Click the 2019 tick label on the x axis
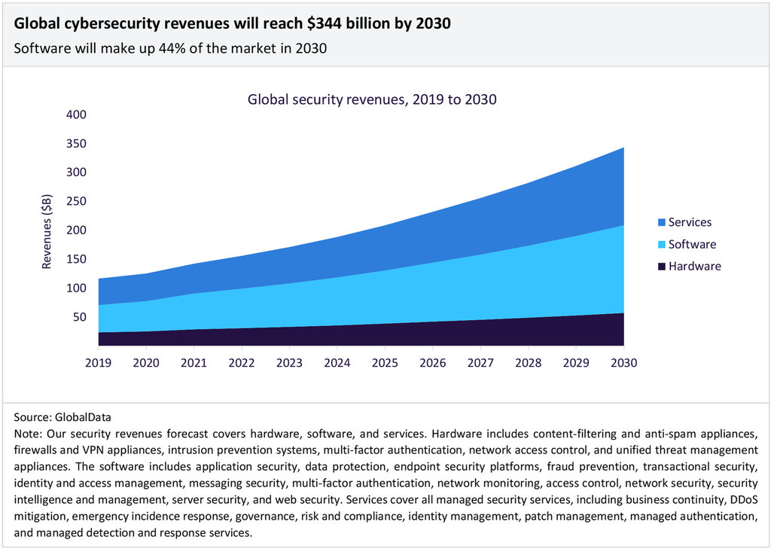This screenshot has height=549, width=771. (x=98, y=363)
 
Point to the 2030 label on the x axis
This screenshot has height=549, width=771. (x=624, y=363)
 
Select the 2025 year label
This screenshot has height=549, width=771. (x=385, y=363)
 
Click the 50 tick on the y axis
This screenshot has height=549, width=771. (x=81, y=317)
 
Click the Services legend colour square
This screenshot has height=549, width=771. (x=662, y=223)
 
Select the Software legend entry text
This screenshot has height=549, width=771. (x=693, y=245)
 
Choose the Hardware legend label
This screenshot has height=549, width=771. (x=695, y=267)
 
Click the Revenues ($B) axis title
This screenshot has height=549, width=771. (x=47, y=230)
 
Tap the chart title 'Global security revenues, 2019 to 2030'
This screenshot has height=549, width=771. (x=372, y=99)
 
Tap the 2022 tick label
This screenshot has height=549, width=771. (x=242, y=363)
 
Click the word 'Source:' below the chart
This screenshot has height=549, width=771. (x=33, y=416)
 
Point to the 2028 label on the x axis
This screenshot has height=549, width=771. (x=529, y=363)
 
